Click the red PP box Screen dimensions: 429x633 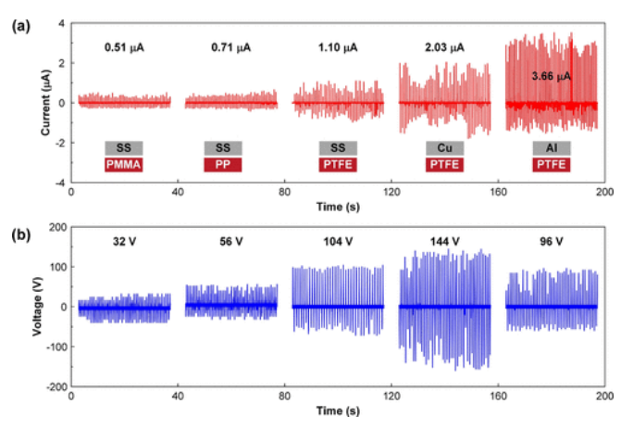222,164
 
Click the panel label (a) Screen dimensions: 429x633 19,28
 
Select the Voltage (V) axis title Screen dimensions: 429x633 37,306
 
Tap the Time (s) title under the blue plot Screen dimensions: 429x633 338,409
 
